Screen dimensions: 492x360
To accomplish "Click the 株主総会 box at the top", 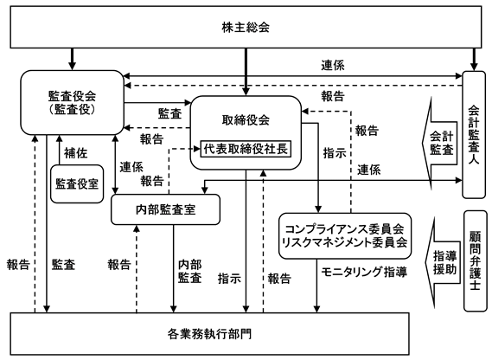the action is [246, 27].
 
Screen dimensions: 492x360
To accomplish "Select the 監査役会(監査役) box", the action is [72, 102].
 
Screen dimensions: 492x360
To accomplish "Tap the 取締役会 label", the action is [246, 120].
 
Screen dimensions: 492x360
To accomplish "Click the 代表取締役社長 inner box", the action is [246, 149].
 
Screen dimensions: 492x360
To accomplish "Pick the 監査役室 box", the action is [77, 183].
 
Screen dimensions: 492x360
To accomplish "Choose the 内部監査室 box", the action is [166, 209].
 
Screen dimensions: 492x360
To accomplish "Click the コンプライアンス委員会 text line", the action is [344, 228].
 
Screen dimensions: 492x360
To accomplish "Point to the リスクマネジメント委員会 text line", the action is [344, 242].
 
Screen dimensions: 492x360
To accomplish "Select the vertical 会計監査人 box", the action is [474, 135].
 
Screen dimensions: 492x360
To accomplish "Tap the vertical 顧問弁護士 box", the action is [475, 260].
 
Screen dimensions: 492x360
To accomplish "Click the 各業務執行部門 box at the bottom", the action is [209, 334].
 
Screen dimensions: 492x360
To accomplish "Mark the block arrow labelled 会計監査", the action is [440, 144].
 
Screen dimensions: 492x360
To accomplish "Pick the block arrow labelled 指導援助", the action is [443, 262].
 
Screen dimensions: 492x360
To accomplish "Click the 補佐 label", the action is [75, 153].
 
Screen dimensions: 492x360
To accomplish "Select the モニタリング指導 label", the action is [364, 272].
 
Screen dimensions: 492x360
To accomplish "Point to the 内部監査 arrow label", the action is [190, 272].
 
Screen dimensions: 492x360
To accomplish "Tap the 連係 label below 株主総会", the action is [333, 66].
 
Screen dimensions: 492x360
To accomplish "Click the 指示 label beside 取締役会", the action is [335, 153].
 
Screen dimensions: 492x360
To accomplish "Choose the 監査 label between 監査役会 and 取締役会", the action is [169, 113].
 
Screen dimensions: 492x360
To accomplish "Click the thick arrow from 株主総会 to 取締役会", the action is [246, 72].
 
